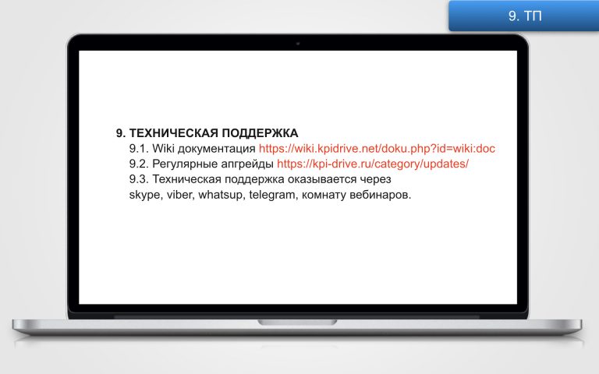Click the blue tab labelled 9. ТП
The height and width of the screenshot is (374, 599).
point(524,16)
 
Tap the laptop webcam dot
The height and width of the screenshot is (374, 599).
point(298,44)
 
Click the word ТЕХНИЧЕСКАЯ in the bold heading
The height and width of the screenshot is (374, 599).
point(174,133)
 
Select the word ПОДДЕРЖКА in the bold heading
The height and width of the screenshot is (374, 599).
point(260,133)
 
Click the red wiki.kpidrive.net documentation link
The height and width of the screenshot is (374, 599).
point(377,149)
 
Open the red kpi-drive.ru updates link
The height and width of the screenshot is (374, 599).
point(373,164)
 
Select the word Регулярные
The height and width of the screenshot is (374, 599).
point(185,164)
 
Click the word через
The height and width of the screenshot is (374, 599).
point(375,180)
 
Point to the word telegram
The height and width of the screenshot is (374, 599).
point(272,195)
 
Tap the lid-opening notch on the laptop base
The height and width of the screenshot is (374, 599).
point(297,323)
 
